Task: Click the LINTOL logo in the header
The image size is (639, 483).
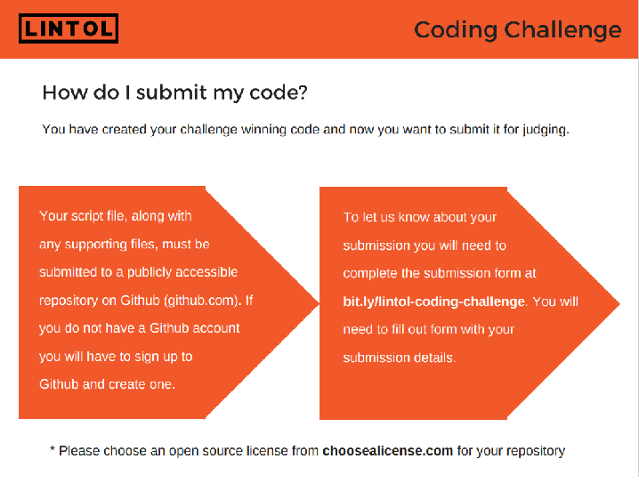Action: point(69,28)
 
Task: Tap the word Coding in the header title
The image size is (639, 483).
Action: point(456,30)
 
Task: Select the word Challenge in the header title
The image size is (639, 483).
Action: point(562,30)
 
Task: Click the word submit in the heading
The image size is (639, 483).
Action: point(172,93)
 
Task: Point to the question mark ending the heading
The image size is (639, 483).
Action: point(303,93)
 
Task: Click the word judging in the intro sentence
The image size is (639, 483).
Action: point(546,130)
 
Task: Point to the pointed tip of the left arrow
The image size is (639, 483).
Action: point(319,302)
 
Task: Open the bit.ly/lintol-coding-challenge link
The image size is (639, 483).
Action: point(434,302)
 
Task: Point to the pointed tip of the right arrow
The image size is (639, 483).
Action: point(619,303)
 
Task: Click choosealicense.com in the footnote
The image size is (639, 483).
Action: point(387,451)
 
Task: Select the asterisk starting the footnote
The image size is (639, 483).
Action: point(53,448)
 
